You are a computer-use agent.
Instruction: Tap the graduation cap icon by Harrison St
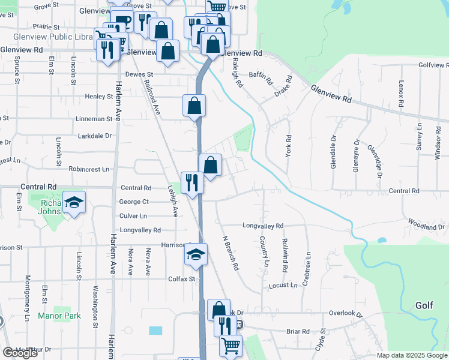[x=196, y=256]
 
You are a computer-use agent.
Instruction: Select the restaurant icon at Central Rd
[x=192, y=182]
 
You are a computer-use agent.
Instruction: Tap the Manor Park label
[x=59, y=315]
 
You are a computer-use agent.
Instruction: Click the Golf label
[x=424, y=305]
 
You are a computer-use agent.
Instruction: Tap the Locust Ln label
[x=283, y=285]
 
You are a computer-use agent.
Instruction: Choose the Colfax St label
[x=182, y=278]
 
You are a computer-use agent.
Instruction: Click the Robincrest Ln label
[x=89, y=169]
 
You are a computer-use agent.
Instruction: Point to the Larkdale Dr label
[x=95, y=136]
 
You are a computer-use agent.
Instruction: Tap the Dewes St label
[x=140, y=75]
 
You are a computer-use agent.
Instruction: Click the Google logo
[x=20, y=352]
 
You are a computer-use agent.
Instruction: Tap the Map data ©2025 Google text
[x=412, y=355]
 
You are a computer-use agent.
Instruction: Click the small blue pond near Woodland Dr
[x=382, y=240]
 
